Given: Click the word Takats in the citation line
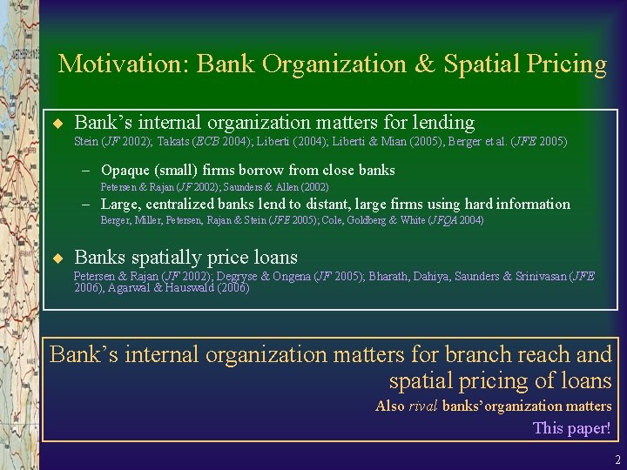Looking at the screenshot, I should pyautogui.click(x=174, y=141).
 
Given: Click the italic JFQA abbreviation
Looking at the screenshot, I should pyautogui.click(x=443, y=221).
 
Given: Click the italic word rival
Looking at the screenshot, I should pyautogui.click(x=423, y=406).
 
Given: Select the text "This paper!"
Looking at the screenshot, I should pyautogui.click(x=572, y=427).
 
